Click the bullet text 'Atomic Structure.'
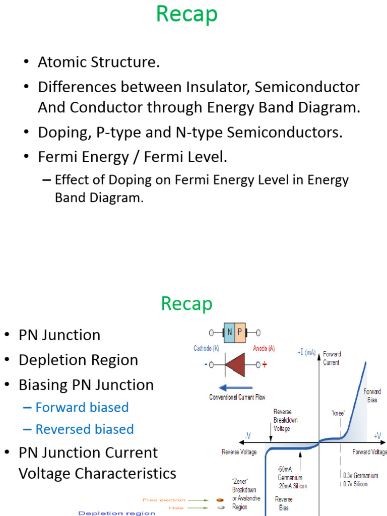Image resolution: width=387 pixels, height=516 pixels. click(99, 62)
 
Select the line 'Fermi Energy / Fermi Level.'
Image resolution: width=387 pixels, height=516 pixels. click(133, 157)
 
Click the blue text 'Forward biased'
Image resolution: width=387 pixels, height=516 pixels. click(82, 407)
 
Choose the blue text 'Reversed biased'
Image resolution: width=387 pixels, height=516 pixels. click(84, 429)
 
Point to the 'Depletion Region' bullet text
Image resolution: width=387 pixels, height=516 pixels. click(78, 360)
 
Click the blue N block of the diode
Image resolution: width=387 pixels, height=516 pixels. click(229, 333)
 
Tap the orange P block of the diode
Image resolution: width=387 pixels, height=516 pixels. click(240, 333)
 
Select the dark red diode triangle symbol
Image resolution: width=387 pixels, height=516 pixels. click(236, 364)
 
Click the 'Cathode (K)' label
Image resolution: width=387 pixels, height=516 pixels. click(206, 348)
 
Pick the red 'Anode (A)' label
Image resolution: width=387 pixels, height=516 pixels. click(264, 348)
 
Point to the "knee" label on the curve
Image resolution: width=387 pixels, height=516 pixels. click(338, 413)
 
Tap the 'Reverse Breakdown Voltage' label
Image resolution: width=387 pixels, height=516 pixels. click(285, 419)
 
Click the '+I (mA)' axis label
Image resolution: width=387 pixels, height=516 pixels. click(306, 353)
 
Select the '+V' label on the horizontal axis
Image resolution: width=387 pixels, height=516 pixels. click(377, 435)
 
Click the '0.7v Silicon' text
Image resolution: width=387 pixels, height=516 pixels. click(355, 484)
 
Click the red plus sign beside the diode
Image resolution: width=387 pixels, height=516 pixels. click(264, 365)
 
